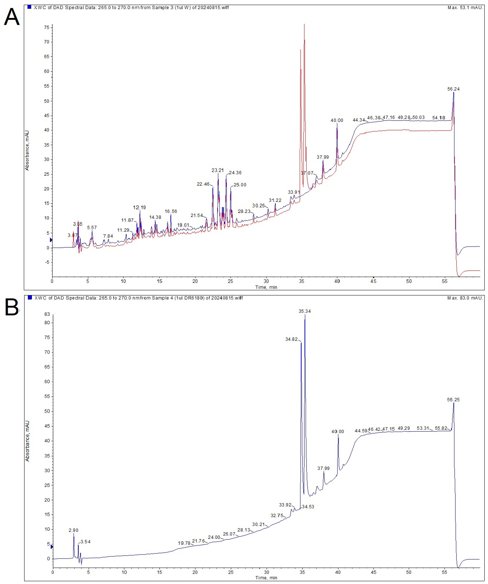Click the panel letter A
(x=12, y=17)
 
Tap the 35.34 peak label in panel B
(x=305, y=311)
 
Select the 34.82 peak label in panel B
(x=291, y=339)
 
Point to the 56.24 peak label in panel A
(x=453, y=89)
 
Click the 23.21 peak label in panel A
(x=218, y=170)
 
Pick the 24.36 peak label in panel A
(x=235, y=173)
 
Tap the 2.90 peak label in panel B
(x=74, y=530)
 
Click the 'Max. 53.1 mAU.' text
(x=465, y=8)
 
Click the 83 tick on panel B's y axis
(x=47, y=314)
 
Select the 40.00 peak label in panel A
(x=337, y=120)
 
